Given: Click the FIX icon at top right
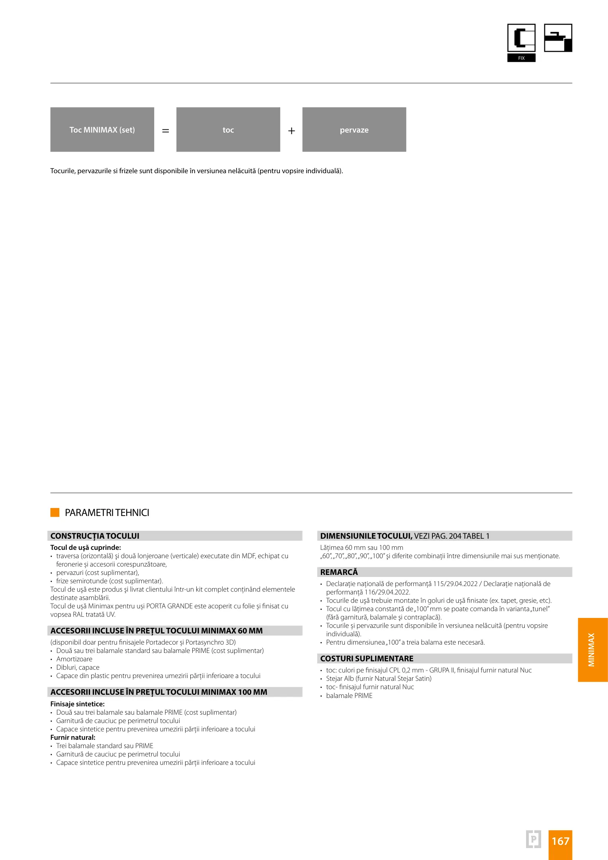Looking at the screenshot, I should tap(521, 43).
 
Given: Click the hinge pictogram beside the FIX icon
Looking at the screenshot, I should tap(558, 38).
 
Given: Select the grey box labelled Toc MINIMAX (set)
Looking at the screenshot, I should tap(102, 129).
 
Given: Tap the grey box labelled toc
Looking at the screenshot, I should tap(228, 129).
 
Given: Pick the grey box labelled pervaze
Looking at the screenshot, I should tap(354, 129).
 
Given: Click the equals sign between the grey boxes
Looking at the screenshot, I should tap(166, 131).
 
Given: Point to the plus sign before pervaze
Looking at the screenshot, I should tap(291, 131).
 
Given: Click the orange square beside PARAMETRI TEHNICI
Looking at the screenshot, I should tap(55, 512).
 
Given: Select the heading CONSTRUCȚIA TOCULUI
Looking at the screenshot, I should tap(95, 536).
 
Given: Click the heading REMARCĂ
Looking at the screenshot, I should tap(339, 572).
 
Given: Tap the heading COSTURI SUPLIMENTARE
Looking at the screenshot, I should tap(367, 659).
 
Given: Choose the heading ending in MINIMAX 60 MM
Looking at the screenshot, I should tap(156, 631).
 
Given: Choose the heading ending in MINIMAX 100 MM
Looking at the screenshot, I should tap(159, 692).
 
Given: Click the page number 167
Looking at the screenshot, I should tap(560, 841).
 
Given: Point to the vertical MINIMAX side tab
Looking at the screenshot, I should tap(592, 650).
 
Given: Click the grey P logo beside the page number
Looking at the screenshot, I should tap(534, 839).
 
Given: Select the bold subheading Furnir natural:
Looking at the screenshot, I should tap(73, 737).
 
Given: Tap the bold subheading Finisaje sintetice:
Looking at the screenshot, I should tap(77, 704).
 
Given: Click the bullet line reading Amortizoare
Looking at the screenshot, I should tap(74, 659).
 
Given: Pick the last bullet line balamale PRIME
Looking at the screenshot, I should tap(349, 696).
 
